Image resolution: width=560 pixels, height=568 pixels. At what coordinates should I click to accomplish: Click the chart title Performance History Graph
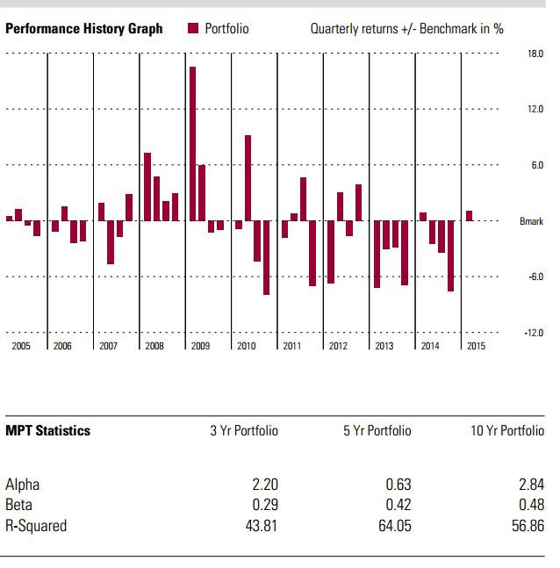pyautogui.click(x=84, y=29)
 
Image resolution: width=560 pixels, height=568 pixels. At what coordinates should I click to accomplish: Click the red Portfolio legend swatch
pyautogui.click(x=193, y=29)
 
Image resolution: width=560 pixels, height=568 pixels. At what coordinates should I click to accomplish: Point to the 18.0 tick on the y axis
pyautogui.click(x=535, y=54)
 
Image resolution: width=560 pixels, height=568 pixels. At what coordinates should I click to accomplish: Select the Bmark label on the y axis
pyautogui.click(x=532, y=221)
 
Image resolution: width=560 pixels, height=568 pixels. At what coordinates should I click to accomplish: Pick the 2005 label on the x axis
pyautogui.click(x=21, y=347)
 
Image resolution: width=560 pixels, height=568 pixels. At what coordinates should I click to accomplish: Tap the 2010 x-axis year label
pyautogui.click(x=246, y=347)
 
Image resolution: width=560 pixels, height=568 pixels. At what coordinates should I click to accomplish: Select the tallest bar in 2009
pyautogui.click(x=192, y=143)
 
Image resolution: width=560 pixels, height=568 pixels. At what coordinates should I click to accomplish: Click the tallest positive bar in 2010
pyautogui.click(x=248, y=177)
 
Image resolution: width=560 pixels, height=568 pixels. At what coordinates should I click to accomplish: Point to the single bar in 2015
pyautogui.click(x=470, y=216)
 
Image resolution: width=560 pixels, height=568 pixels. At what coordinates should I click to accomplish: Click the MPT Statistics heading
pyautogui.click(x=47, y=431)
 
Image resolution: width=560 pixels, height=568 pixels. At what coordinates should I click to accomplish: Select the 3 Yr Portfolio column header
pyautogui.click(x=244, y=431)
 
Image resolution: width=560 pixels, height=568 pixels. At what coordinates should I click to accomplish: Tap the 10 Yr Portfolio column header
pyautogui.click(x=507, y=431)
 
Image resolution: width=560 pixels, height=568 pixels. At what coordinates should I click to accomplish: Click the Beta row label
pyautogui.click(x=19, y=506)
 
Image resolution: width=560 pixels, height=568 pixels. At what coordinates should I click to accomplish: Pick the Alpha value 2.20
pyautogui.click(x=264, y=485)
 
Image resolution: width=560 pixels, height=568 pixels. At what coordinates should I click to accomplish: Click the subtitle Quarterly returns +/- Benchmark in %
pyautogui.click(x=406, y=29)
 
